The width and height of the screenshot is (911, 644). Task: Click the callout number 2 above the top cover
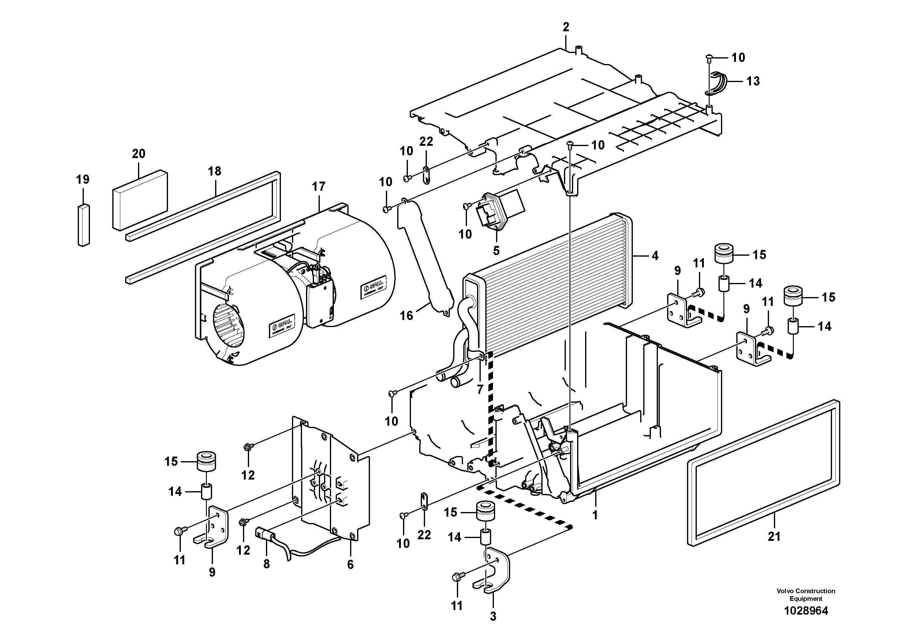566,27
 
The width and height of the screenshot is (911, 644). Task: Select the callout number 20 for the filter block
139,154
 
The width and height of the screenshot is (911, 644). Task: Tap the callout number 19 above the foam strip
83,179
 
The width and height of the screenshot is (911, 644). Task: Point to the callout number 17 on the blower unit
318,186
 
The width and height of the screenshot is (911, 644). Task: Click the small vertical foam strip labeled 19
83,225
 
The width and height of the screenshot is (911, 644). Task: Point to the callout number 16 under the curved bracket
406,316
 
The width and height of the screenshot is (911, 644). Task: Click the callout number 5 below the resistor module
496,251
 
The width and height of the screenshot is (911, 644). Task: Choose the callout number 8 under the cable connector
266,564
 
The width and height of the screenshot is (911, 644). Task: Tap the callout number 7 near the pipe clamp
480,390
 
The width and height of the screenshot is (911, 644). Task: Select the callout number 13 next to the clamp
753,81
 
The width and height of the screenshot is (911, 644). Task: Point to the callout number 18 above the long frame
215,171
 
